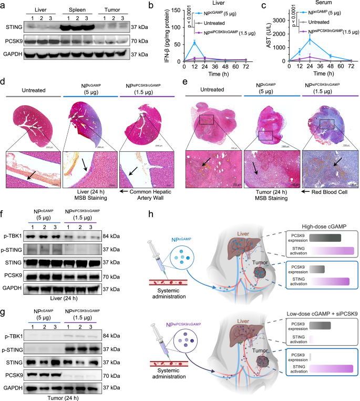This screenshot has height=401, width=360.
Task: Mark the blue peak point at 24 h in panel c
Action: (311, 39)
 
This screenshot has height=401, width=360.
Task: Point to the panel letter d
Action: (3, 83)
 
